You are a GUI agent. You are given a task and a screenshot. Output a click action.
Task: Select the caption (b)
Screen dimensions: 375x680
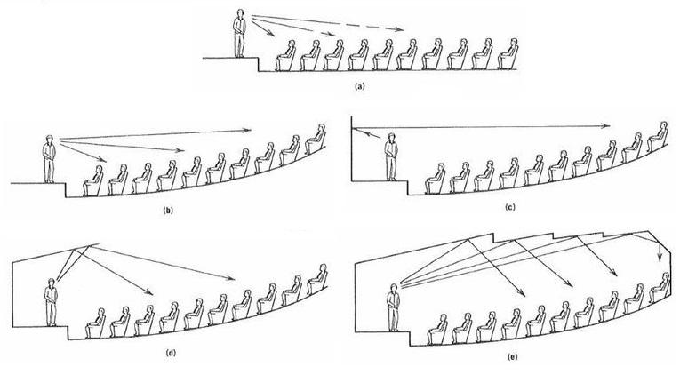tap(168, 211)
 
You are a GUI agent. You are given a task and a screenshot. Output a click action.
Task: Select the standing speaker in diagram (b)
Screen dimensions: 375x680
tap(50, 158)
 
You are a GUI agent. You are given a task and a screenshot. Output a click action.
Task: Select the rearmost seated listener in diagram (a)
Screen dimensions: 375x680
tap(506, 56)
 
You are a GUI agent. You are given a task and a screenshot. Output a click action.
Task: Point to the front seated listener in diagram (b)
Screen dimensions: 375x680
tap(92, 178)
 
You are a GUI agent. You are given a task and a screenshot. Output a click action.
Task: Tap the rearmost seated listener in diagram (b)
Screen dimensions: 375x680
tap(315, 139)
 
